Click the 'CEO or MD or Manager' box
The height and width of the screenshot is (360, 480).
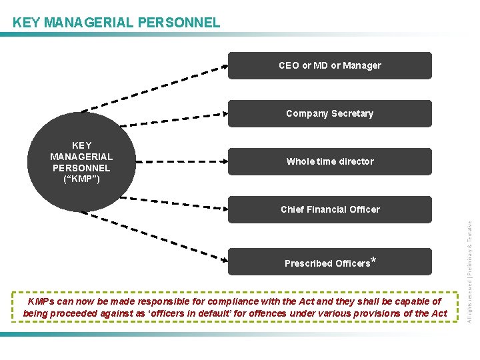tap(330, 65)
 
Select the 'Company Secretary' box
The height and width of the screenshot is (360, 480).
tap(330, 113)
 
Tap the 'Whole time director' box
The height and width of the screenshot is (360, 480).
tap(330, 161)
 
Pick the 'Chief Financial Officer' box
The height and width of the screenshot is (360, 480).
tap(330, 209)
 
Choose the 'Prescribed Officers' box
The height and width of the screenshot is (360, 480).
tap(330, 262)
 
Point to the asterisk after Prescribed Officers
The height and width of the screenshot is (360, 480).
tap(373, 260)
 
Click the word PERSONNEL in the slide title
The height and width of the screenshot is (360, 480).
tap(178, 23)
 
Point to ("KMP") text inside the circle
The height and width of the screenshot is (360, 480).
tap(81, 178)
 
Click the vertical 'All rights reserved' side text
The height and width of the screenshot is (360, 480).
tap(469, 263)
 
